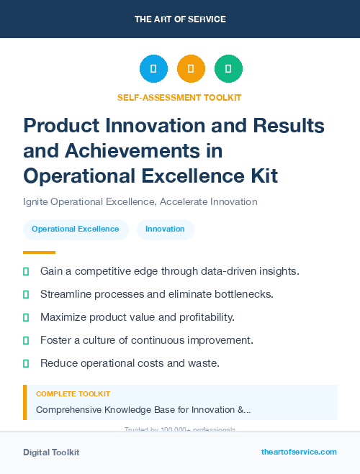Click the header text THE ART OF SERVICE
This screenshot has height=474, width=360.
180,19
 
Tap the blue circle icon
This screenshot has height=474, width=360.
153,68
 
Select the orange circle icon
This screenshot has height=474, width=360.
191,68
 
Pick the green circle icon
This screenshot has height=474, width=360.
228,68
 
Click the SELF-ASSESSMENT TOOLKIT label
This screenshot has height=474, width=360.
179,97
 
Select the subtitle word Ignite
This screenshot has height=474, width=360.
37,201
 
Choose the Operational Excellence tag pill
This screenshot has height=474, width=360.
76,229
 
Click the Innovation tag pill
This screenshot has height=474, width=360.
165,229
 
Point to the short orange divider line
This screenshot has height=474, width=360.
39,252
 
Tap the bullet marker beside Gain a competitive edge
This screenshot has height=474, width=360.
26,271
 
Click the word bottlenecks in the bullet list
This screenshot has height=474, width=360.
240,294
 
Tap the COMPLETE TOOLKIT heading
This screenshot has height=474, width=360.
73,394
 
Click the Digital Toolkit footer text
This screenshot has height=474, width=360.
51,452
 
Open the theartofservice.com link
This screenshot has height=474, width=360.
299,452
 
